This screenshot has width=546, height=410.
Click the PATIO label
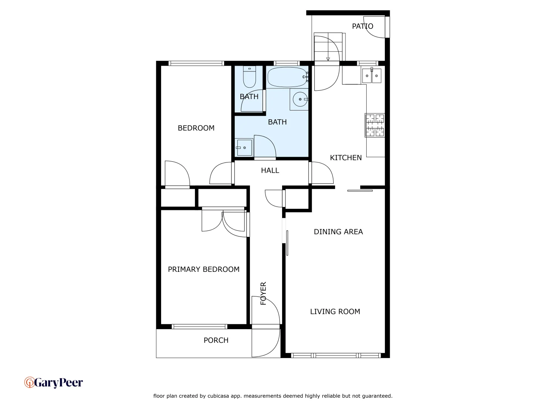point(362,26)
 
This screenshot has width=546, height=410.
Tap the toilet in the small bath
point(249,77)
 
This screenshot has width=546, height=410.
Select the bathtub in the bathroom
point(287,77)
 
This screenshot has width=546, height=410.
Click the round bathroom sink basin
point(300,99)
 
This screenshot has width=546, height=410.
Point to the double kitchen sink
point(371,76)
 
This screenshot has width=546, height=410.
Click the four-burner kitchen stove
point(375,125)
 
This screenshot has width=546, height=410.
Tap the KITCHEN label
point(345,158)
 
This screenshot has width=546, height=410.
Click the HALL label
point(270,170)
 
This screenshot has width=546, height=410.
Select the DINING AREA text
point(338,232)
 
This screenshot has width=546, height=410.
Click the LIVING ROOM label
point(335,312)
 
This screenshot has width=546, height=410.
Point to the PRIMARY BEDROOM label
point(204,269)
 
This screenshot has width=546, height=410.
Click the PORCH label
point(216,340)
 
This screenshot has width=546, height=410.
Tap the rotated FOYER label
point(264,293)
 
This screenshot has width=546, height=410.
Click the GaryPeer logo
point(53,382)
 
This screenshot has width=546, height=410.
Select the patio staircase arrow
point(328,58)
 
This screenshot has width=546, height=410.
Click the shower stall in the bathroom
point(244,147)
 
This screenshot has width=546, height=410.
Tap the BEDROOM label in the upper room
point(196,128)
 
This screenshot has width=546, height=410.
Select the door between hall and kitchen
point(322,173)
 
